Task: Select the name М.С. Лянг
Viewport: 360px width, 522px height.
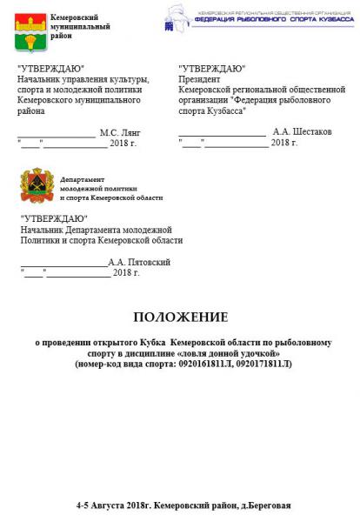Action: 119,133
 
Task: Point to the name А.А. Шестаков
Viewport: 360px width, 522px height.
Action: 302,131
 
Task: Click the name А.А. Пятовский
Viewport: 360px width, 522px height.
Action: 139,262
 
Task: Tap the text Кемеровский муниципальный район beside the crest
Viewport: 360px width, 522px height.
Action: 80,27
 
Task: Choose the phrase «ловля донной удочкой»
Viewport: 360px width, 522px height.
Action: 226,353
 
